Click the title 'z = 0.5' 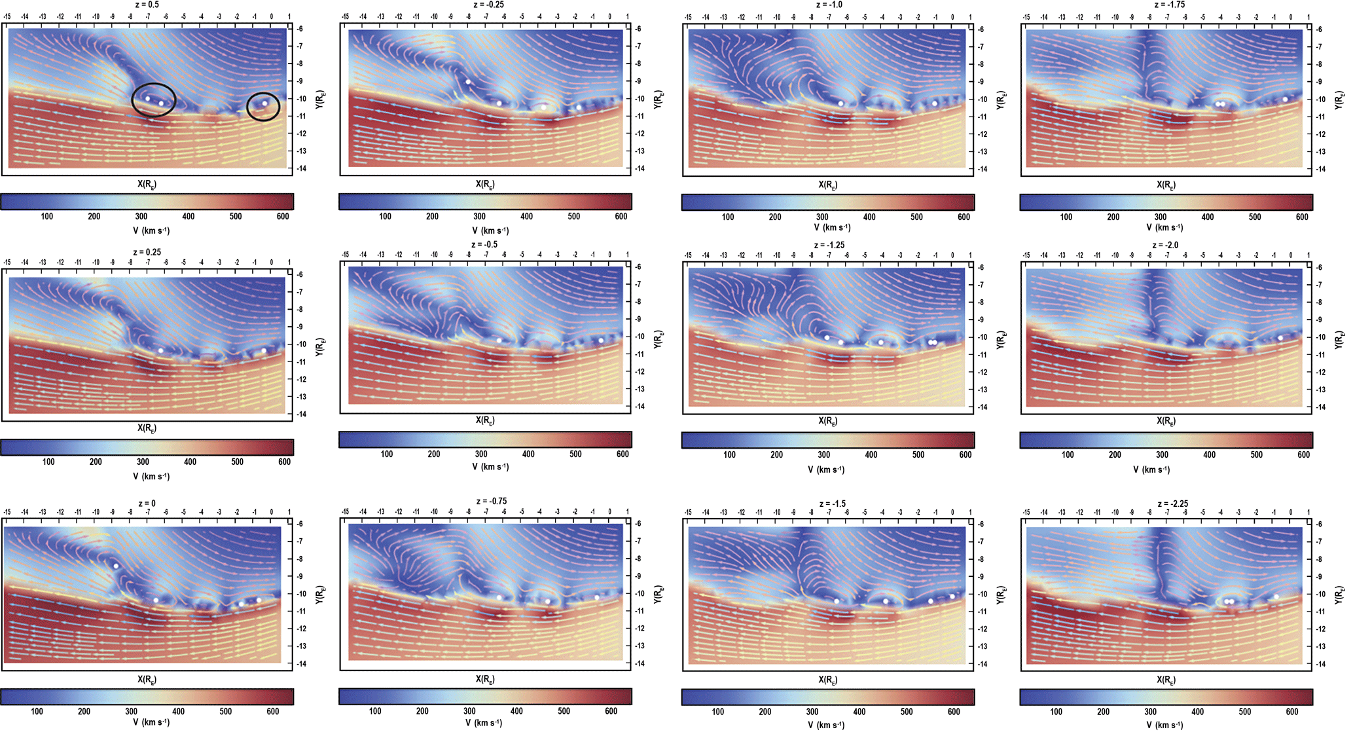[x=147, y=5]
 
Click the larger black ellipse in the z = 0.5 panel [x=154, y=100]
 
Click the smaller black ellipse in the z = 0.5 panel [x=263, y=106]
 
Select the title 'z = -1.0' [x=829, y=5]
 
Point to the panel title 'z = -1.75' [x=1169, y=5]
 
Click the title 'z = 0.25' [x=147, y=252]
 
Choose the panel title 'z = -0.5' [x=486, y=244]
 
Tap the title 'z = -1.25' [x=828, y=245]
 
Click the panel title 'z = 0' [x=147, y=504]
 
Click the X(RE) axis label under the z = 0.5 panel [x=147, y=184]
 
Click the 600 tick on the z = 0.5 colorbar [x=283, y=216]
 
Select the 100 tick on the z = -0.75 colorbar [x=375, y=711]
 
